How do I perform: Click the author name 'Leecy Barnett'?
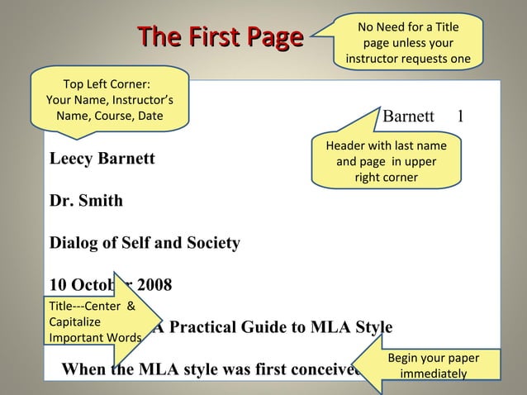coord(102,158)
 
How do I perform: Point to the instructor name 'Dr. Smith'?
coord(86,201)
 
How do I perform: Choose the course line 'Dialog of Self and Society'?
coord(145,244)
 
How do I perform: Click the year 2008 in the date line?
coord(154,287)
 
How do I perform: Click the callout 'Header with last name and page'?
coord(386,161)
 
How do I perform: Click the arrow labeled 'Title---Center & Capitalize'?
coord(95,321)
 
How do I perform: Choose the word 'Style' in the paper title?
coord(374,326)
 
